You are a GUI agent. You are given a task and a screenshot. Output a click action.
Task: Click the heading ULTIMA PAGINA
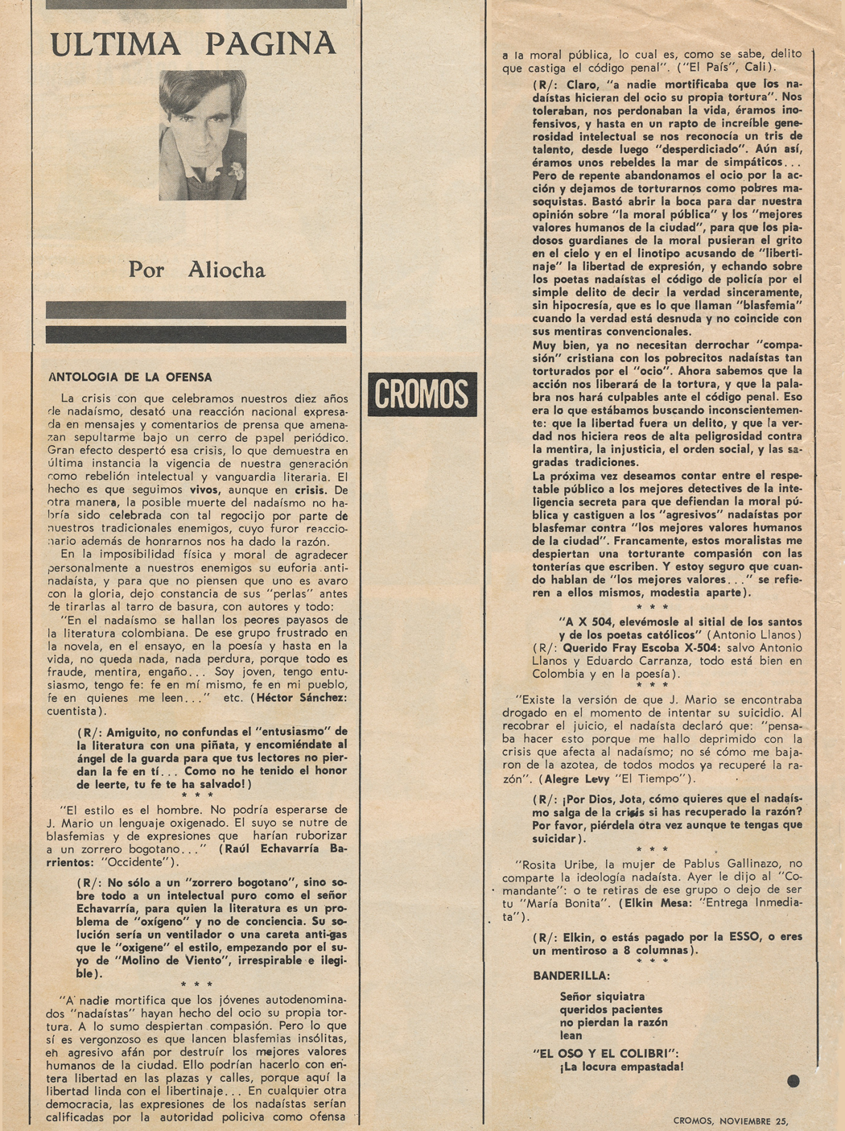click(193, 44)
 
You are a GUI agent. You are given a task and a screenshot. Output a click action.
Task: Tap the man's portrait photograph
click(203, 134)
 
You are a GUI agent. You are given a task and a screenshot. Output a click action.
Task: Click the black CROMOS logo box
click(422, 394)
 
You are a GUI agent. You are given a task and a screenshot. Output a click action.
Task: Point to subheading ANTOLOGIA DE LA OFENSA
click(130, 377)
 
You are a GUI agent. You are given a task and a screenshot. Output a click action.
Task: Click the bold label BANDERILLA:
click(571, 976)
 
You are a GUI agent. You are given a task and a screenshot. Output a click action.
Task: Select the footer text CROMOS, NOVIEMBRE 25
click(732, 1119)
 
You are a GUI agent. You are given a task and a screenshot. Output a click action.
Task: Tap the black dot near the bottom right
click(793, 1081)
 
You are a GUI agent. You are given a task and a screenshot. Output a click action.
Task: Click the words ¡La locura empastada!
click(621, 1067)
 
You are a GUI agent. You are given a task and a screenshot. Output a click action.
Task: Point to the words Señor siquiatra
click(602, 997)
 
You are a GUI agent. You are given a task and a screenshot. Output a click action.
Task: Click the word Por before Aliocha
click(146, 270)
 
